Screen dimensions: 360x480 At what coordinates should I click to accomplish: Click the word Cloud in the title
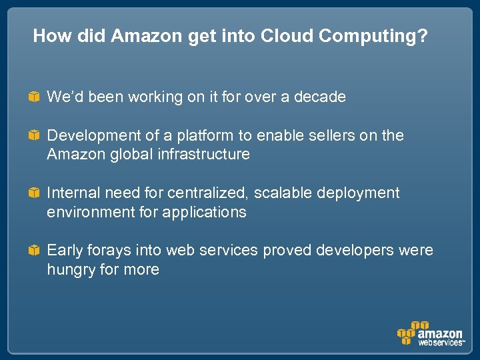click(285, 36)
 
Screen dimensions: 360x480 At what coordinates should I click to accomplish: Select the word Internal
click(72, 193)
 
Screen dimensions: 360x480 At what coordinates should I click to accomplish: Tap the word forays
click(109, 251)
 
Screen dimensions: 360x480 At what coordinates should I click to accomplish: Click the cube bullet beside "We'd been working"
click(33, 97)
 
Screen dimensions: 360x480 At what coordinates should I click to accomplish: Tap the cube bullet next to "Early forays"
click(33, 251)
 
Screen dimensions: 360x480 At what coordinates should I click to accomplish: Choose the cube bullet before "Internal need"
click(33, 193)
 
